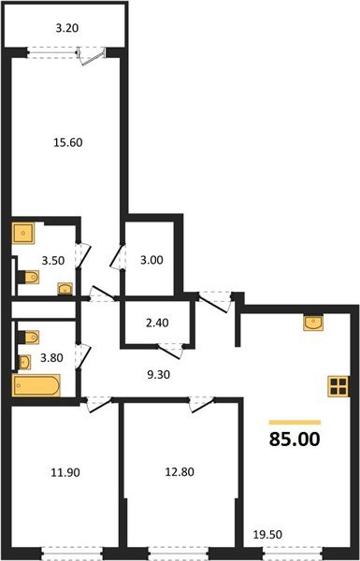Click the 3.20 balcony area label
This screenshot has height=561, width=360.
coord(65,29)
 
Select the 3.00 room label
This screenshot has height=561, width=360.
coord(151,261)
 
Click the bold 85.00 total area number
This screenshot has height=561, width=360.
coord(294,438)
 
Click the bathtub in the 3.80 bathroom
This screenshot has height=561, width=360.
coord(36,385)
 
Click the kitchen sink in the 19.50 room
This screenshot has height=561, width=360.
coord(311,323)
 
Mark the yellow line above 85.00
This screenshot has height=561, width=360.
coord(294,422)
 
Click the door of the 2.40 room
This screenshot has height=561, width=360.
coord(172,350)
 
